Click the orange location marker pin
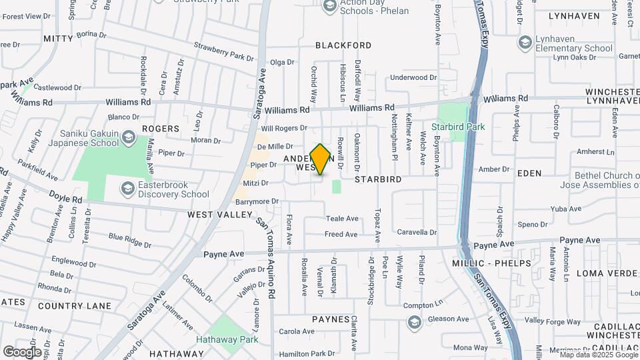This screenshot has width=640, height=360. pos(321,159)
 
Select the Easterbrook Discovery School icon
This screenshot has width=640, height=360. pos(126,189)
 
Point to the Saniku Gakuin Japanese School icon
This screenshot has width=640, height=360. pos(129,139)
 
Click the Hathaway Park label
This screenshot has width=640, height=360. pos(227,339)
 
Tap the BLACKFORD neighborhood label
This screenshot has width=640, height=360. pos(343,45)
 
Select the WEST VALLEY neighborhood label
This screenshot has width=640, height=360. pos(220,215)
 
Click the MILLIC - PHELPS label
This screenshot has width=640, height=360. pos(501,263)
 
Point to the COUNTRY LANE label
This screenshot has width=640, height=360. pos(74,305)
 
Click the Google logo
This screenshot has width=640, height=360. pos(22,351)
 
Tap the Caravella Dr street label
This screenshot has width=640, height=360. pos(417,233)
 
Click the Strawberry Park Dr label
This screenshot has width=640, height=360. pos(223,52)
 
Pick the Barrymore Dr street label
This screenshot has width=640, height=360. pos(256,201)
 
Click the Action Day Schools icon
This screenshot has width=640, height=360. pos(329,6)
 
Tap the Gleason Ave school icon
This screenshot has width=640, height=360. pos(414,323)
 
